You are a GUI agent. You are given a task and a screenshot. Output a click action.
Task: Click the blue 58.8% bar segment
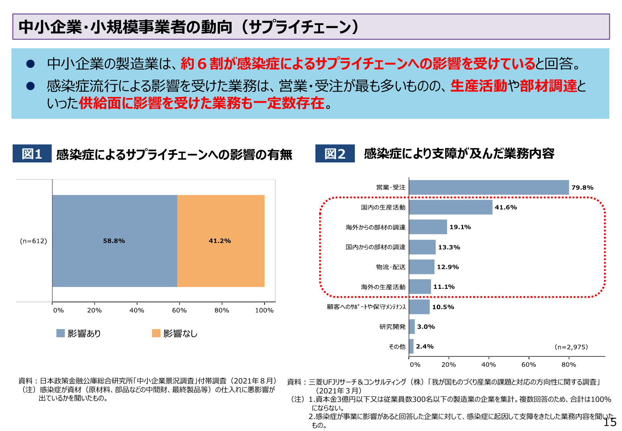point(114,241)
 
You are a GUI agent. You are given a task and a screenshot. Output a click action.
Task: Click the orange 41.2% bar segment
point(221,241)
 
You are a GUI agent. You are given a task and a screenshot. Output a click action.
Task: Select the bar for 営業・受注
point(489,187)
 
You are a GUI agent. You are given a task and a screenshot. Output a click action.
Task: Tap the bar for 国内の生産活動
point(451,207)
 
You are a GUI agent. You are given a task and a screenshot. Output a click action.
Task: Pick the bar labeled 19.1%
point(428,227)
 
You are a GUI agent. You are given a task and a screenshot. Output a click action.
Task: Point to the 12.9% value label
point(448,267)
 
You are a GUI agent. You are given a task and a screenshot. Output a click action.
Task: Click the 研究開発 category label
point(392,327)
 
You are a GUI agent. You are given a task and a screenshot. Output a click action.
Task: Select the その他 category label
point(397,347)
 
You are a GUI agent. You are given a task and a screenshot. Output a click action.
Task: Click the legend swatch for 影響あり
point(60,333)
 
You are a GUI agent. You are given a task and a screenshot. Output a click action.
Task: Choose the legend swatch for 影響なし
point(156,333)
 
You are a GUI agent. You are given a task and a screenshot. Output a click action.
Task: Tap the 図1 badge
point(32,154)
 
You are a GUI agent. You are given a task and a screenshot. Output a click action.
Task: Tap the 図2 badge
point(335,154)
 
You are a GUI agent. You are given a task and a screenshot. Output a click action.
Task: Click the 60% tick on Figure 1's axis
point(179,310)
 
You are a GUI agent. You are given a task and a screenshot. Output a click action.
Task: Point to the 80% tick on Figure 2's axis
point(569,365)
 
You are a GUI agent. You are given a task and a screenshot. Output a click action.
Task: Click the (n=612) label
point(33,241)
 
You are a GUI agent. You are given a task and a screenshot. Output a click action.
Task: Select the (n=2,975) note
point(571,347)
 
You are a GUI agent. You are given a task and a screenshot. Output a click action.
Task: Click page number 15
point(610,422)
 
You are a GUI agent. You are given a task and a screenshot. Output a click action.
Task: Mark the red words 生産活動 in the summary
point(479,86)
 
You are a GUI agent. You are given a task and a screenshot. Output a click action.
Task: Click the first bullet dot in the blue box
point(31,64)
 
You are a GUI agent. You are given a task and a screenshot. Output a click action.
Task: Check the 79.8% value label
point(582,187)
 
